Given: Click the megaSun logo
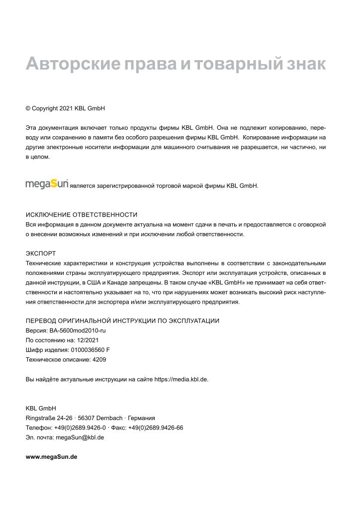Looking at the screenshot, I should coord(47,184).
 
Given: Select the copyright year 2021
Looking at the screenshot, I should coord(67,108).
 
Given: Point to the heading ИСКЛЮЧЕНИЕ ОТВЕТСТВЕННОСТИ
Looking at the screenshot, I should coord(82,215).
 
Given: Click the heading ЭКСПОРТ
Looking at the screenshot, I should coord(41,253).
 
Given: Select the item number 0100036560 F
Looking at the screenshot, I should coord(87,349).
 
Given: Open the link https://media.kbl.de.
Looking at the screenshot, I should coord(181,379).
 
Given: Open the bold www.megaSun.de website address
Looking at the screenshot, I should coord(51,456).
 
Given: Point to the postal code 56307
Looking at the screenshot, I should coord(87,418).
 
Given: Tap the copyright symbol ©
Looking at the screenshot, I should coord(28,108).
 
